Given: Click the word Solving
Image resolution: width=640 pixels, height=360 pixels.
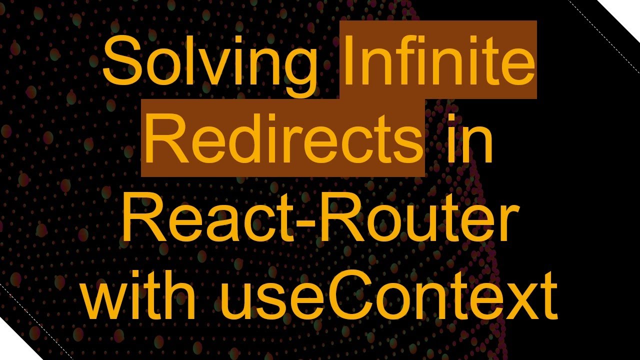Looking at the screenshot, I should tap(210, 62).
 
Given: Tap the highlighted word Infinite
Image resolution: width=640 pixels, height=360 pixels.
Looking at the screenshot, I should tap(438, 62).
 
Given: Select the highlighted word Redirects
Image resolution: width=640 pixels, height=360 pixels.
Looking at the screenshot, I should tap(283, 137).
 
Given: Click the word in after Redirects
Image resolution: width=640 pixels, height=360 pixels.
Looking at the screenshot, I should tap(470, 137).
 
